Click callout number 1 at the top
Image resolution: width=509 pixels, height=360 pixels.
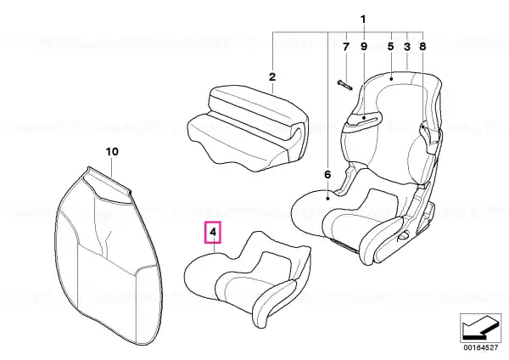[363, 20]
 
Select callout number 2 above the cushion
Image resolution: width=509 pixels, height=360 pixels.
[272, 77]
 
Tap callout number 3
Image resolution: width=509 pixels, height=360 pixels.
[407, 47]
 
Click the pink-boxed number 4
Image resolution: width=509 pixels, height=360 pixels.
[213, 233]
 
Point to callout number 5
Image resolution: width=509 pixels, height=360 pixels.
[390, 47]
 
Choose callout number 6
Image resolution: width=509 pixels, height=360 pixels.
[327, 175]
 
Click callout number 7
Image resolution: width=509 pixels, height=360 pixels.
[346, 47]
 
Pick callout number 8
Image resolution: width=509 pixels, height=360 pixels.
[422, 47]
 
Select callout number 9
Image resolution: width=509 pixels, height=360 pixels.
[364, 47]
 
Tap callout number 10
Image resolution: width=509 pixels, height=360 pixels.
[112, 152]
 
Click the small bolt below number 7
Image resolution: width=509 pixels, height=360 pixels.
[345, 85]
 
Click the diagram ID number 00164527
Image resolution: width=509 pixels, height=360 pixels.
[480, 347]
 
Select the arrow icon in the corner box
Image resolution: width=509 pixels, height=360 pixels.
[480, 327]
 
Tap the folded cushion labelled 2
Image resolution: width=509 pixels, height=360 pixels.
[249, 127]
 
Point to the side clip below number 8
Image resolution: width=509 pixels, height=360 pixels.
[429, 137]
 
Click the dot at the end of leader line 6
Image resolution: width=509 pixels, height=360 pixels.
[328, 198]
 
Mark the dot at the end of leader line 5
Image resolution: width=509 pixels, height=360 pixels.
[391, 78]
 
